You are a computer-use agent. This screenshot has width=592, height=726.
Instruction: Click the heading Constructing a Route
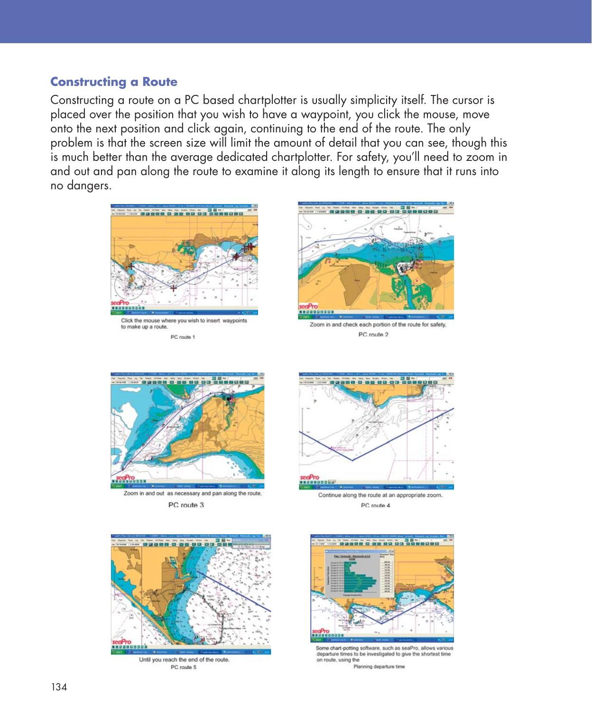[x=114, y=82]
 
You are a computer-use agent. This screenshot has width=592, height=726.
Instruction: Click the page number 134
[x=59, y=687]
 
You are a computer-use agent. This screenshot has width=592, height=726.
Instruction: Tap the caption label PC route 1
[x=183, y=337]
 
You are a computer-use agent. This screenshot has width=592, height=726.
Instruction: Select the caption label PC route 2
[x=373, y=335]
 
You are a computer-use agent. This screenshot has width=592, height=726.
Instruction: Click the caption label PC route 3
[x=186, y=505]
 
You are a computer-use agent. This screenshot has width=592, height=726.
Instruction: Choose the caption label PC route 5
[x=183, y=667]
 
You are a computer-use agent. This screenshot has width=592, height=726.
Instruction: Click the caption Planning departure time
[x=379, y=666]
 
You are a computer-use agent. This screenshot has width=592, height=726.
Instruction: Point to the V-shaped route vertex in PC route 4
[x=353, y=460]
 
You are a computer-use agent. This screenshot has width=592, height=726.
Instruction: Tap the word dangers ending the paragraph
[x=81, y=186]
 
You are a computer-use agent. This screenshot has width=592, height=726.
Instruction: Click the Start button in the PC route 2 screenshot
[x=304, y=316]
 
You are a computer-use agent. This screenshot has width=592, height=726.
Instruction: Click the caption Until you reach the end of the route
[x=184, y=660]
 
